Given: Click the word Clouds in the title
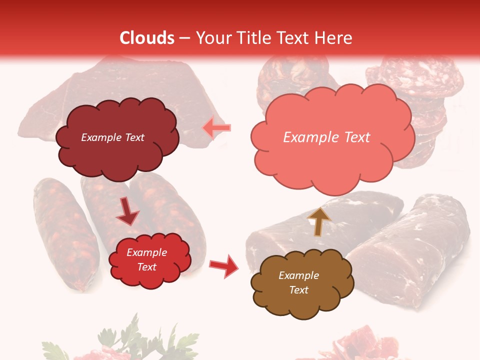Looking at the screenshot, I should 147,38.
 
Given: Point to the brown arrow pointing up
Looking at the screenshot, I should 319,221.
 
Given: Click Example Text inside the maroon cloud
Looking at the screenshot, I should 112,137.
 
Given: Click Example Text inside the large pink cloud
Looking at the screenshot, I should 326,137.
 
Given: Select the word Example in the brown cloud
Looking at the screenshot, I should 298,275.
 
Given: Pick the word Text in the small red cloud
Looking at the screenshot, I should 147,267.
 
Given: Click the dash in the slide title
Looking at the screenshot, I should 184,38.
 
